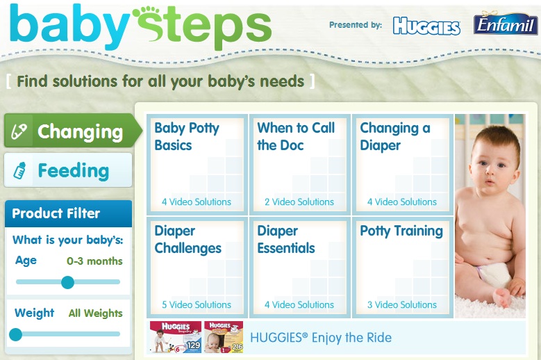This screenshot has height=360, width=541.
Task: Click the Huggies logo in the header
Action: point(426,26)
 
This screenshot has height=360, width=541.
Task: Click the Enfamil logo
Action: point(506,23)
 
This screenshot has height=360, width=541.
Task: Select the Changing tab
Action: point(73,131)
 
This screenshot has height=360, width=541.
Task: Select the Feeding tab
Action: point(68,170)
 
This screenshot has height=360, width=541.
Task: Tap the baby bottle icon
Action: point(19,170)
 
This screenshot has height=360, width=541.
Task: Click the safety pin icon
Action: point(19,131)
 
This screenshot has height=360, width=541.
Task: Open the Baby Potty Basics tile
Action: point(197,164)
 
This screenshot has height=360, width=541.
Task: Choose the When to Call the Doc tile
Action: point(299,164)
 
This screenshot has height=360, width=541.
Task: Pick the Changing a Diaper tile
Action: point(403,164)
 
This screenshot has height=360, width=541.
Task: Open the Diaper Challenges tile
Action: point(197,267)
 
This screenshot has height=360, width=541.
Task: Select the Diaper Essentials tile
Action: point(299,267)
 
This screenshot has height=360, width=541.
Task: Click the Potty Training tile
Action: point(403,267)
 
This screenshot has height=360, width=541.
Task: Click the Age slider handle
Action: point(67,282)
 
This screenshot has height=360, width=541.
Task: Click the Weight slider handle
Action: point(15,334)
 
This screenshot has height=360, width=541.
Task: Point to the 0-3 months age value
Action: point(94,261)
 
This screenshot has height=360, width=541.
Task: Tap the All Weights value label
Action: point(96,313)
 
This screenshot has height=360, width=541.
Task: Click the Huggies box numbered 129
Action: point(176,337)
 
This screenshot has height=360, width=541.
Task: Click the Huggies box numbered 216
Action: point(224,337)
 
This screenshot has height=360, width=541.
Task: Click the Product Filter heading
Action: point(56,213)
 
